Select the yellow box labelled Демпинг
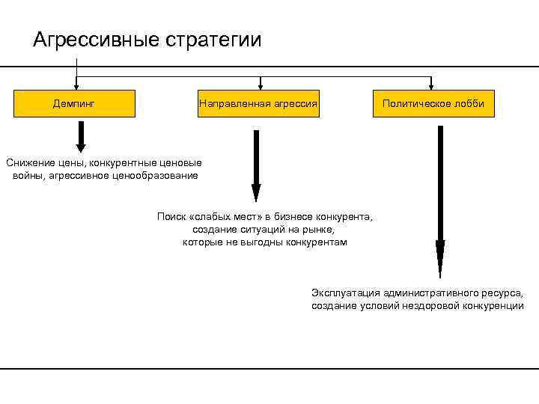73,104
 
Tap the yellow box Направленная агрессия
258,104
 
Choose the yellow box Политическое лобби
433,104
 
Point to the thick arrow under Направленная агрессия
256,165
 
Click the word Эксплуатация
345,293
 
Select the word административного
433,293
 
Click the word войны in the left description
27,175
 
